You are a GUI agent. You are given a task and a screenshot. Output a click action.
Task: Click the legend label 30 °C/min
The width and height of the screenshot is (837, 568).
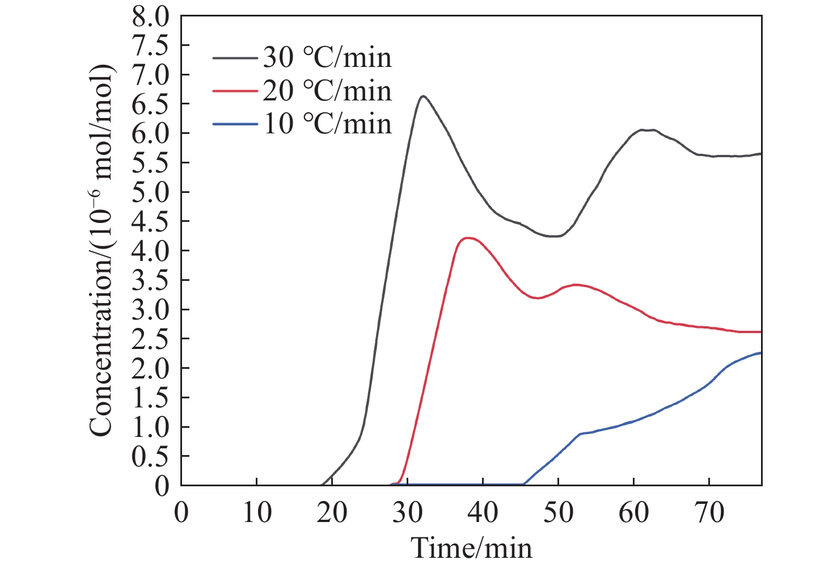point(327,58)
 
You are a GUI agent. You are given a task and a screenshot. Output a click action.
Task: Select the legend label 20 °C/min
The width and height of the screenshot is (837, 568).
point(327,91)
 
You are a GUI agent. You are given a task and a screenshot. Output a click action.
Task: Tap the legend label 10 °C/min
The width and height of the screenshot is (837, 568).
point(327,124)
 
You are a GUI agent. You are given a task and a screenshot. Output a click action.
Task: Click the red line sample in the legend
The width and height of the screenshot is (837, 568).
point(236,91)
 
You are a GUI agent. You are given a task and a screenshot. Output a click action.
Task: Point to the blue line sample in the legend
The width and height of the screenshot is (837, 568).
point(236,124)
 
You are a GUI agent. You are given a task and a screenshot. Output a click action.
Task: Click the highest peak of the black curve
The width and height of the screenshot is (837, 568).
point(423,96)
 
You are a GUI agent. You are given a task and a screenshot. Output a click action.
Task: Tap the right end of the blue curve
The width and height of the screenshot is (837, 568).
point(760,353)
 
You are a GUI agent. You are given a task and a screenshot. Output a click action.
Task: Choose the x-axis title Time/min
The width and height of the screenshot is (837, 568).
point(472,548)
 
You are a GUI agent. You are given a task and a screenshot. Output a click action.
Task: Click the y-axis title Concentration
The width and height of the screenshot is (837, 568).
point(102,250)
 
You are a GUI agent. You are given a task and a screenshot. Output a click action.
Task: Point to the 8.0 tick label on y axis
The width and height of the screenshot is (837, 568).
point(150,16)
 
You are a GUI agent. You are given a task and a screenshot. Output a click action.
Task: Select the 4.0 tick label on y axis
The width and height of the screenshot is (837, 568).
point(150,251)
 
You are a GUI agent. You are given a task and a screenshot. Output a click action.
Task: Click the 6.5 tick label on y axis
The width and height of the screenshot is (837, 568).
point(150,104)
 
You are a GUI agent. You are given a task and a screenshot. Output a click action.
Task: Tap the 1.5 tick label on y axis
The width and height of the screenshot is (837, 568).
point(150,398)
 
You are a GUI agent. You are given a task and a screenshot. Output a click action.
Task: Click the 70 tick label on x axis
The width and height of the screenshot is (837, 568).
point(709,513)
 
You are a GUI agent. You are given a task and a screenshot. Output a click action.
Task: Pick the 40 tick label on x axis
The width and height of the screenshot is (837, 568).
point(483,513)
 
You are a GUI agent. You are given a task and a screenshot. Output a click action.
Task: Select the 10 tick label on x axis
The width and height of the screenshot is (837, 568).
point(256,513)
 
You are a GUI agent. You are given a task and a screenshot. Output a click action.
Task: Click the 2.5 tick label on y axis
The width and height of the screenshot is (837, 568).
point(150,339)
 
